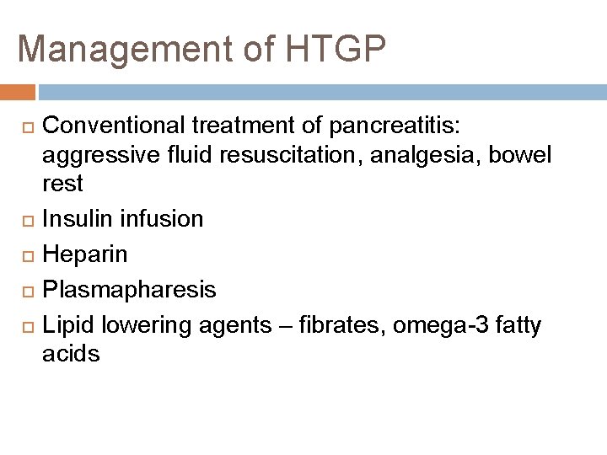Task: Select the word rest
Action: tap(62, 184)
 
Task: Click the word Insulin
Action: tap(78, 218)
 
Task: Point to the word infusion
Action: tap(162, 218)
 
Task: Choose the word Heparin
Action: tap(85, 254)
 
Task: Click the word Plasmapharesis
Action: tap(129, 290)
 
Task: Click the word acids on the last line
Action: tap(71, 354)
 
